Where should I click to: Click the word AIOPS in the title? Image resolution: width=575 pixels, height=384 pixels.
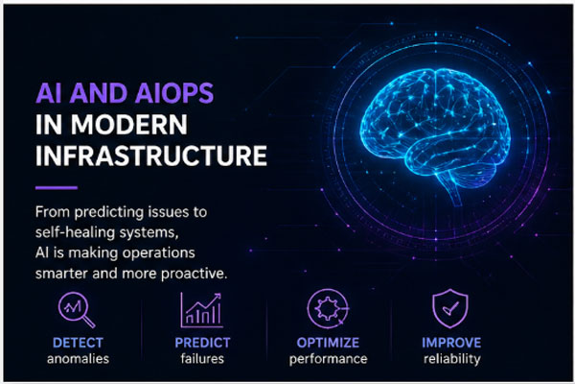[174, 93]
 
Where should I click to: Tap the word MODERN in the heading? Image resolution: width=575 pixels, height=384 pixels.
[129, 124]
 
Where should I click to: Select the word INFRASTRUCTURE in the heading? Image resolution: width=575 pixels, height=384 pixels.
[151, 156]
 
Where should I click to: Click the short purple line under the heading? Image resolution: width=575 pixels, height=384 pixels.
[57, 188]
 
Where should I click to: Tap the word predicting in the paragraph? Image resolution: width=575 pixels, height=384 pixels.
[109, 212]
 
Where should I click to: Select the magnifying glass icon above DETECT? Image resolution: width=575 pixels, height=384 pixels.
[77, 309]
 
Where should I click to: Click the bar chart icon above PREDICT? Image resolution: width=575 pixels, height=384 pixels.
[201, 310]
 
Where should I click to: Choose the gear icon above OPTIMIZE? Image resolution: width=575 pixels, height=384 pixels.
[328, 309]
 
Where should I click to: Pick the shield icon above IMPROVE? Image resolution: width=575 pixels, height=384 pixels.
[450, 308]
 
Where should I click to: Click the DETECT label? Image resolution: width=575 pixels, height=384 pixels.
[78, 343]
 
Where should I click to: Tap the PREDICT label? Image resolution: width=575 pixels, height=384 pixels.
[202, 343]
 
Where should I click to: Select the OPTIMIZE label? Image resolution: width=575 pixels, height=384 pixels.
[328, 343]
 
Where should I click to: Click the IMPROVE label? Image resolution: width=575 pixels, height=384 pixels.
[451, 343]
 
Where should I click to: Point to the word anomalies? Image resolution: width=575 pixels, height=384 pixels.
[78, 359]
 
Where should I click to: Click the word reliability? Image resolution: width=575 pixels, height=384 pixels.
[451, 359]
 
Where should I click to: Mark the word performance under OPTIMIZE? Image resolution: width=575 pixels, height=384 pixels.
[328, 359]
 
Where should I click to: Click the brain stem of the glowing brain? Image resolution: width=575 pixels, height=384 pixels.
[454, 194]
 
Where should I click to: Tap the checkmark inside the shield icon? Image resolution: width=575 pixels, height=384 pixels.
[450, 308]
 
